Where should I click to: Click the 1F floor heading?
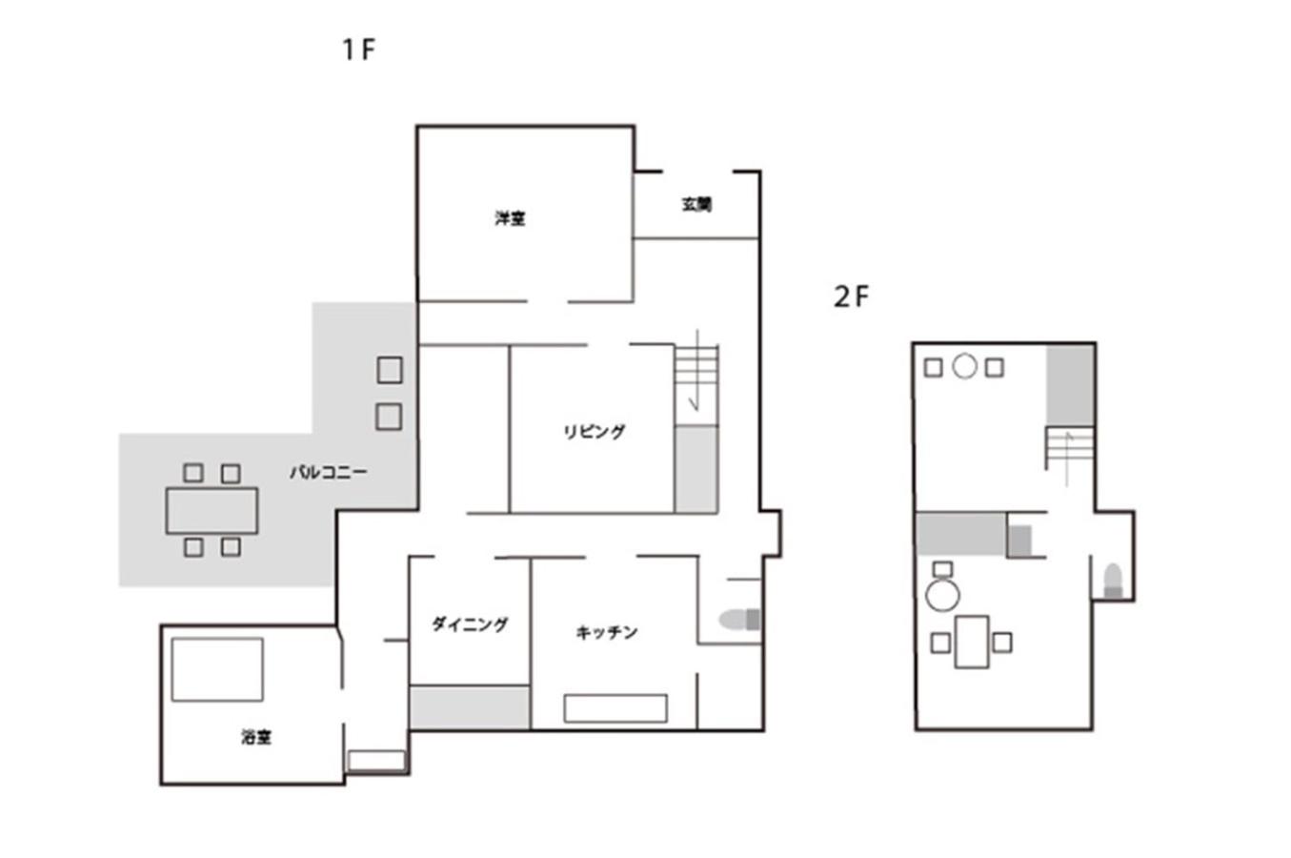pyautogui.click(x=358, y=50)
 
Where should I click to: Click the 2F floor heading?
pyautogui.click(x=851, y=296)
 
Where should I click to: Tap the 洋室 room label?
pyautogui.click(x=510, y=218)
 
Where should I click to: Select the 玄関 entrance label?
pyautogui.click(x=696, y=204)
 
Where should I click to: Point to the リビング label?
pyautogui.click(x=595, y=431)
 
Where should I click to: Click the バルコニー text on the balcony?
pyautogui.click(x=329, y=473)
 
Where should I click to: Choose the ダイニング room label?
pyautogui.click(x=471, y=624)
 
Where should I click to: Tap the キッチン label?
pyautogui.click(x=607, y=633)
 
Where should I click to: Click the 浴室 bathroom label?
pyautogui.click(x=256, y=737)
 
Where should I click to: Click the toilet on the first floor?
pyautogui.click(x=739, y=620)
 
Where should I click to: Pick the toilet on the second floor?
pyautogui.click(x=1113, y=582)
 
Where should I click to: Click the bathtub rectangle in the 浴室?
pyautogui.click(x=217, y=669)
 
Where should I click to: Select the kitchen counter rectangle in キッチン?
pyautogui.click(x=615, y=708)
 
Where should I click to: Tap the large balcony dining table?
pyautogui.click(x=212, y=511)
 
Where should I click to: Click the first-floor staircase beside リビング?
pyautogui.click(x=696, y=378)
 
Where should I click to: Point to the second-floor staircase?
pyautogui.click(x=1070, y=449)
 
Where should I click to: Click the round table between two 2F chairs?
pyautogui.click(x=964, y=367)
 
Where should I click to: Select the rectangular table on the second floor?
pyautogui.click(x=972, y=642)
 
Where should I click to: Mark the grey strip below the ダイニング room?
pyautogui.click(x=470, y=707)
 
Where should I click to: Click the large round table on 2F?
pyautogui.click(x=943, y=595)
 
